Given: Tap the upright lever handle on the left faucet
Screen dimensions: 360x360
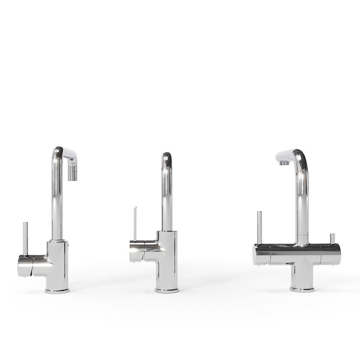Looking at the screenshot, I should tap(25, 238).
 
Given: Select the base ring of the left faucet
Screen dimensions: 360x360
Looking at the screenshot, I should tap(57, 290).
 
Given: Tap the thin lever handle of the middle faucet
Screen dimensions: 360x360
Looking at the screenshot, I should tap(135, 223).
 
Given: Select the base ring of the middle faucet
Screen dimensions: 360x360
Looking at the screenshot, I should tap(167, 290).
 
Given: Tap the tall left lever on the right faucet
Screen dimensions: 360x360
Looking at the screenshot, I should tap(259, 227).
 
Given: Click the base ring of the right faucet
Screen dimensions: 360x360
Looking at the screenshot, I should tap(302, 289).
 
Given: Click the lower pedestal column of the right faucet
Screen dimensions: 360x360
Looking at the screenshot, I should tap(302, 274).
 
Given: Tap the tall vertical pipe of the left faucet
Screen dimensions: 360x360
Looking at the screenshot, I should tap(57, 202).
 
